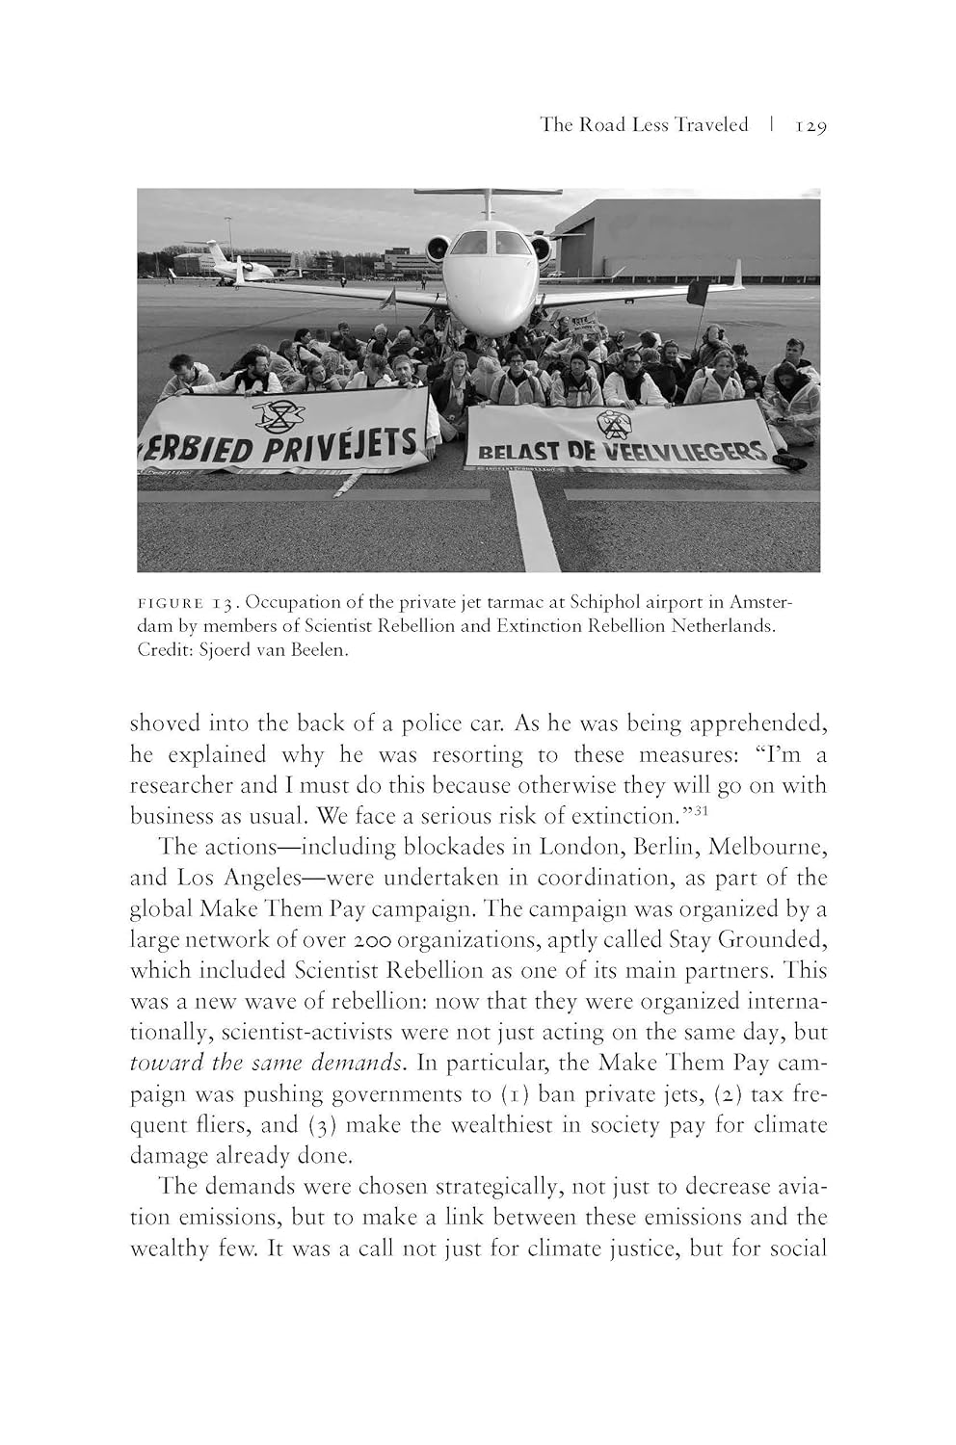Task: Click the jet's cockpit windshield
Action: click(x=490, y=242)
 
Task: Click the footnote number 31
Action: click(x=701, y=809)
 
